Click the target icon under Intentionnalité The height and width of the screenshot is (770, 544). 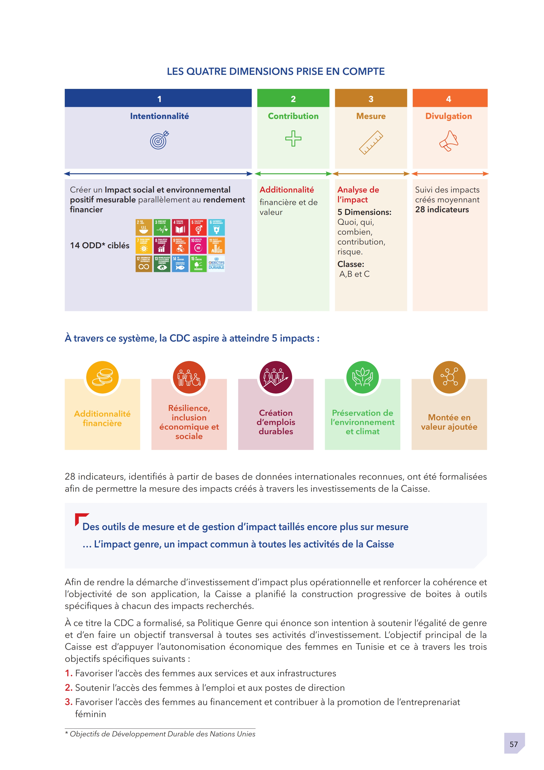[160, 140]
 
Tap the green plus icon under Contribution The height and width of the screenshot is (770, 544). [293, 138]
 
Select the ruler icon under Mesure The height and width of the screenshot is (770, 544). [371, 142]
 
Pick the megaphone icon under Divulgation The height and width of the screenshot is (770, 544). [449, 141]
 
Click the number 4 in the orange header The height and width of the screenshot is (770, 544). [449, 99]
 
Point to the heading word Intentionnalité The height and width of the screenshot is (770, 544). [160, 116]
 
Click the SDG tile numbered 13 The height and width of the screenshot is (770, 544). [162, 264]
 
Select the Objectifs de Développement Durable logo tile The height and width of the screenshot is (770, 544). [217, 264]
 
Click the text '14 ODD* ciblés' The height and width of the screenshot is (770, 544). [100, 245]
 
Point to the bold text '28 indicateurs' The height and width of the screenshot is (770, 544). [442, 210]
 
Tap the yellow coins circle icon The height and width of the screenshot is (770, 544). [102, 377]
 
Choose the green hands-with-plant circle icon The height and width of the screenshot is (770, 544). [362, 377]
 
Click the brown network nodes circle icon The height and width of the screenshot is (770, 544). [449, 377]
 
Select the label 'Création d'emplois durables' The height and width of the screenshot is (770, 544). [276, 422]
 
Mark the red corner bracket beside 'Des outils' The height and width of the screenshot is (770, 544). [80, 518]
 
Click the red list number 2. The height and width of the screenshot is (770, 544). [68, 688]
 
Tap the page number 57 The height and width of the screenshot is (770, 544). [513, 744]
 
